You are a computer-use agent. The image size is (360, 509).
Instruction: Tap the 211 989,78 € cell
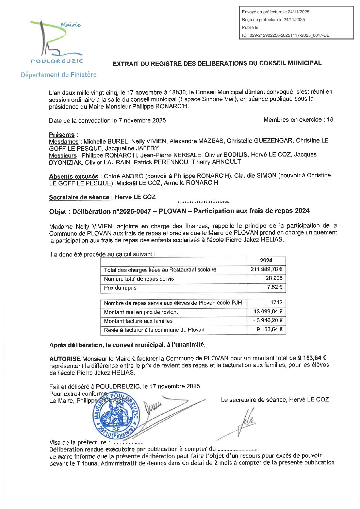click(x=266, y=269)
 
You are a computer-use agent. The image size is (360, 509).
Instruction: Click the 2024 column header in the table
click(x=266, y=261)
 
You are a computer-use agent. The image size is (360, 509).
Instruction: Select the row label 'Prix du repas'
click(x=120, y=288)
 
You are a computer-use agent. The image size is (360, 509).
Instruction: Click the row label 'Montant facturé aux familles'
click(x=138, y=321)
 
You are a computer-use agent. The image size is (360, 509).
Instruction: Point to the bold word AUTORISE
click(x=65, y=359)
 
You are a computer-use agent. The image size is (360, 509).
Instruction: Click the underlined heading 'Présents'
click(x=62, y=135)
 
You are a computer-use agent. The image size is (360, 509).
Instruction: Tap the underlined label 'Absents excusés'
click(x=73, y=176)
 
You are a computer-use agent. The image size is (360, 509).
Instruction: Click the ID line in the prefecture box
click(x=285, y=35)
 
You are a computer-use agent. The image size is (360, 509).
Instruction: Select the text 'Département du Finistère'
click(x=59, y=75)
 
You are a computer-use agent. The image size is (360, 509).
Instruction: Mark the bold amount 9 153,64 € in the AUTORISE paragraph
click(x=312, y=358)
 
